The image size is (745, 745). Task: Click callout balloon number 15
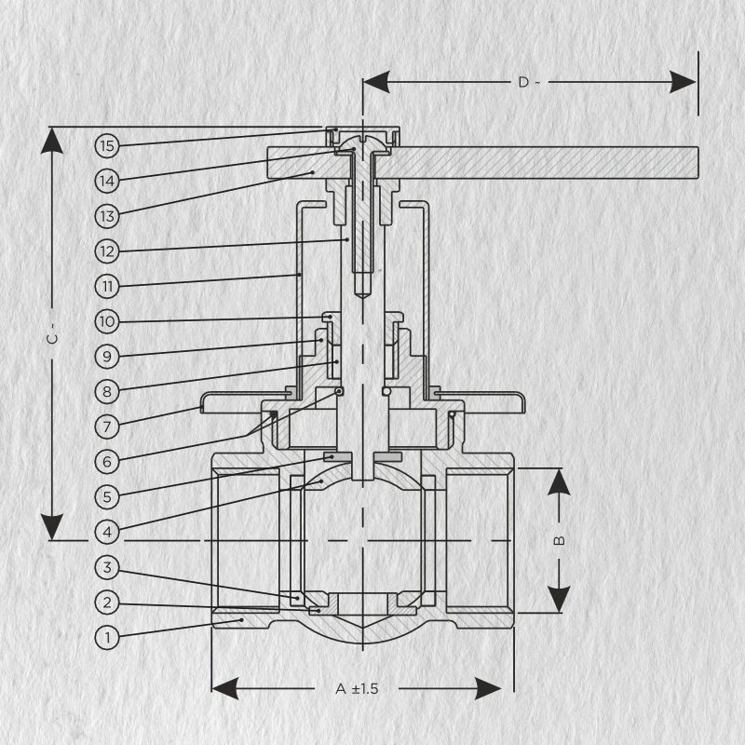(107, 145)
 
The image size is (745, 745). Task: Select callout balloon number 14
(107, 180)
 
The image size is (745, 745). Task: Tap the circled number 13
(107, 215)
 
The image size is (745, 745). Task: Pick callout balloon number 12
(107, 251)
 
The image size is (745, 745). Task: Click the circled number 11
(107, 285)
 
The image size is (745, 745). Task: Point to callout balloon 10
(107, 321)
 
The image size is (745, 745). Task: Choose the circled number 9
(107, 356)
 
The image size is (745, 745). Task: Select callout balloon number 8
(107, 390)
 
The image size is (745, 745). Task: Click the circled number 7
(107, 427)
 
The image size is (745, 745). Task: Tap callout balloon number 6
(107, 461)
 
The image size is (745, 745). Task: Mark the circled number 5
(107, 496)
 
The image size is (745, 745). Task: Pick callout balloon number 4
(107, 532)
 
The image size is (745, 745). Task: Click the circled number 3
(107, 567)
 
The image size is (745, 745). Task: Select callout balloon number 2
(107, 603)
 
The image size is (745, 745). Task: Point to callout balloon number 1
(107, 638)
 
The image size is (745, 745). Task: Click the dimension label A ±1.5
(357, 689)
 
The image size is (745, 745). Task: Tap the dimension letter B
(559, 540)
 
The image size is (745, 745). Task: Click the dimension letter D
(523, 82)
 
